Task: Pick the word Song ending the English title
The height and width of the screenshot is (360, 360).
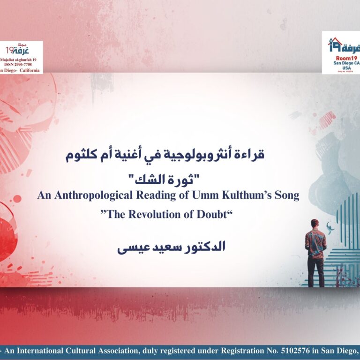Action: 287,196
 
